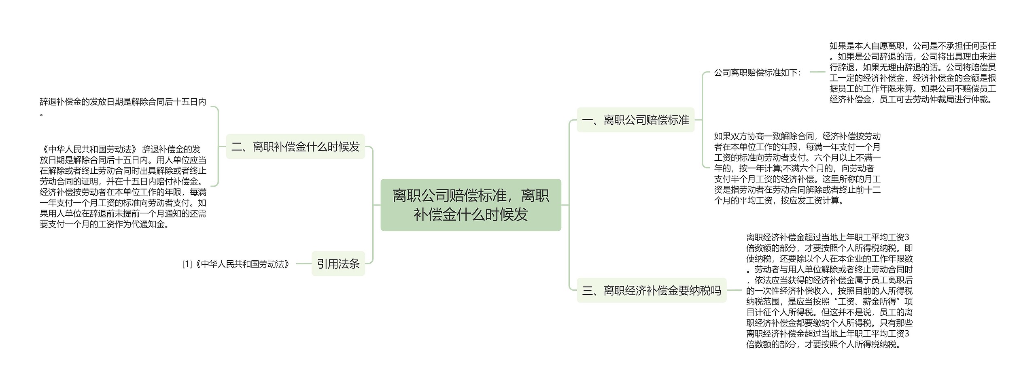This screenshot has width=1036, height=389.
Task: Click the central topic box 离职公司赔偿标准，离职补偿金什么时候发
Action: coord(471,205)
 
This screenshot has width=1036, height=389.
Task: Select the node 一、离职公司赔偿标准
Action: coord(635,120)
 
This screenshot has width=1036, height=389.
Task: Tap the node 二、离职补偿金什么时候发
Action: coord(295,147)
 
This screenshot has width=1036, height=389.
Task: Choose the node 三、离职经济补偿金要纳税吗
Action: coord(651,290)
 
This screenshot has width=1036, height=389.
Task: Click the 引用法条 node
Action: coord(338,264)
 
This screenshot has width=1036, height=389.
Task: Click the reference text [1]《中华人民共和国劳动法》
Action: coord(236,264)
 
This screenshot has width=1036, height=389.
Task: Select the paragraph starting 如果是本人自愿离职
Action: coord(912,72)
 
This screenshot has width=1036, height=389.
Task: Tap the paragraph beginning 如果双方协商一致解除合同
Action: coord(797,168)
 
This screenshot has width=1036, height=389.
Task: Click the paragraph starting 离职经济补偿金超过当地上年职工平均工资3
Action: coord(829,290)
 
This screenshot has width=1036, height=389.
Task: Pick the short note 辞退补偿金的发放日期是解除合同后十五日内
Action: coord(123,102)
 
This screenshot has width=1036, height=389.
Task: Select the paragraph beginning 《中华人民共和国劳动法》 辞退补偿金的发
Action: coord(123,187)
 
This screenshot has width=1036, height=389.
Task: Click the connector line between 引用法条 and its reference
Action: coord(304,264)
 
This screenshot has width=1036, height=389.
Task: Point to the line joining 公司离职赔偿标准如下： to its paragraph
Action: coord(817,72)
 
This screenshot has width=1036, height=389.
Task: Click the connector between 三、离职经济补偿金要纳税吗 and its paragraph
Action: coord(736,290)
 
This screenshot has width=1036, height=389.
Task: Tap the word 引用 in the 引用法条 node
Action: coord(327,264)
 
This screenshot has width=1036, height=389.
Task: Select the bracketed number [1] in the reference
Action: coord(187,264)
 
